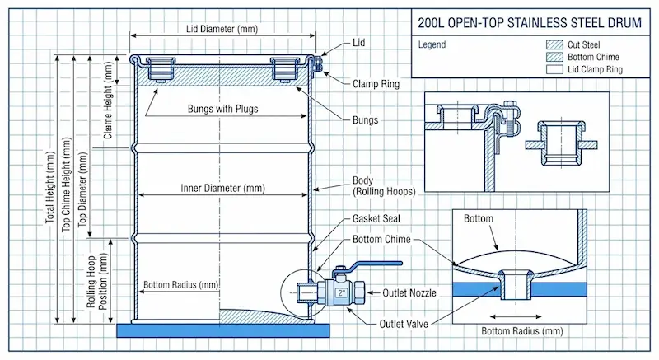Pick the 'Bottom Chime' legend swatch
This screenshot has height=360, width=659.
pyautogui.click(x=556, y=58)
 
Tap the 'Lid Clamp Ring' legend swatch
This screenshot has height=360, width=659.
pyautogui.click(x=556, y=70)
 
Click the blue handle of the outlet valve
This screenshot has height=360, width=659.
pyautogui.click(x=375, y=265)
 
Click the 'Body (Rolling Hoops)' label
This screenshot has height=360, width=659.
pyautogui.click(x=383, y=185)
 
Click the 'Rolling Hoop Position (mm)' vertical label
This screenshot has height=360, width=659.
pyautogui.click(x=98, y=280)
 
